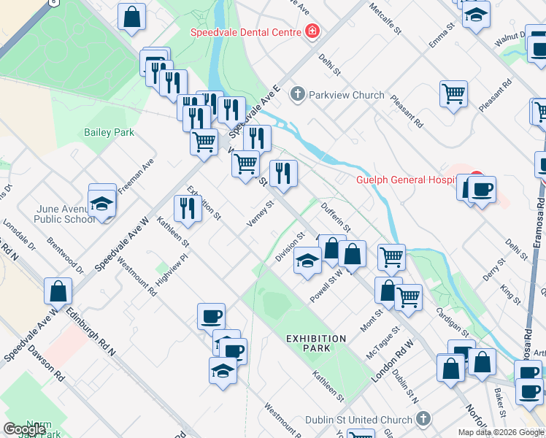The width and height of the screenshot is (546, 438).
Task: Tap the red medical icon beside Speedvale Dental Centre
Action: click(312, 31)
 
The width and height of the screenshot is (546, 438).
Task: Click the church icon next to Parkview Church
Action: click(297, 94)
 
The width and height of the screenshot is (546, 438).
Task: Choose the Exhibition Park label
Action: click(315, 343)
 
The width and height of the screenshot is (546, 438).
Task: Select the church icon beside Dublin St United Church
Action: click(423, 419)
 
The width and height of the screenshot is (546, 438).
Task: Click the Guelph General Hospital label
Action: click(409, 180)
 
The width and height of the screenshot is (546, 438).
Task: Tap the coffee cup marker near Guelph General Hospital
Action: click(482, 191)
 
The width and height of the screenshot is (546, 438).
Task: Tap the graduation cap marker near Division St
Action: click(307, 261)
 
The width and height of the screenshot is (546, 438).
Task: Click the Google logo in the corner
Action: click(24, 429)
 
